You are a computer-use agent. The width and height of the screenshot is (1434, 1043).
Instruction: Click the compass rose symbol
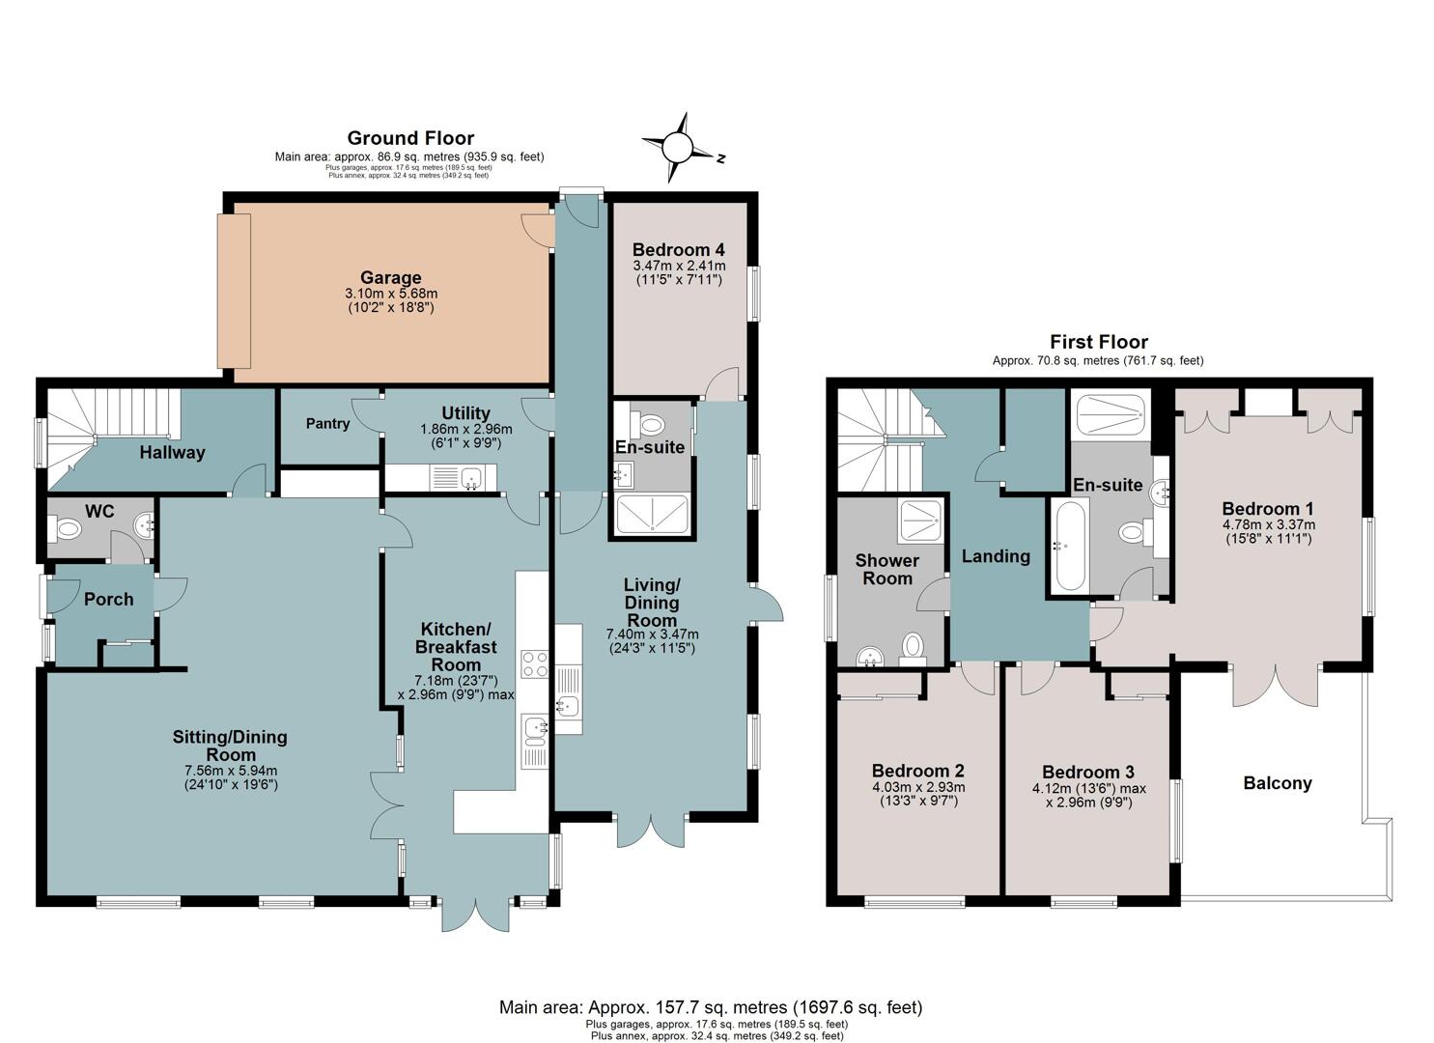(x=677, y=148)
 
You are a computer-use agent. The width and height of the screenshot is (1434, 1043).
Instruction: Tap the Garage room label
(x=390, y=277)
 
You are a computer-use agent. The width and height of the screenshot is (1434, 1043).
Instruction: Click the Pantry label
(x=327, y=423)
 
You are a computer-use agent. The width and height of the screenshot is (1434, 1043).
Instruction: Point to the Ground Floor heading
(x=410, y=138)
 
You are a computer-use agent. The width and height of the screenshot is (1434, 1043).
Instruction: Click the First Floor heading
(x=1099, y=341)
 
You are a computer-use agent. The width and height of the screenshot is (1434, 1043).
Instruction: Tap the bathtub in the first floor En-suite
(x=1070, y=547)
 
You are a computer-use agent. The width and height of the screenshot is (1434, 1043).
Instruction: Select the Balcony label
(x=1278, y=783)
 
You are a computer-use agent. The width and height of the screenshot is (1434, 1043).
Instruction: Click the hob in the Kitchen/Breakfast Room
(x=535, y=663)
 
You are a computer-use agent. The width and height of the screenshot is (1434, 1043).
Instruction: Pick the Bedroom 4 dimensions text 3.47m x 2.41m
(x=679, y=265)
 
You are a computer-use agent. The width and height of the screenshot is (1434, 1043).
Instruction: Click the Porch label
(x=109, y=600)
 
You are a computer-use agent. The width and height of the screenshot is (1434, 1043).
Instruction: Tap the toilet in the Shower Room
(x=913, y=647)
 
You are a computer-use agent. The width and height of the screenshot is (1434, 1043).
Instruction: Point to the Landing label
(x=996, y=556)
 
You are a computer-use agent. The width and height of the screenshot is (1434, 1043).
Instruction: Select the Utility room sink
(x=472, y=478)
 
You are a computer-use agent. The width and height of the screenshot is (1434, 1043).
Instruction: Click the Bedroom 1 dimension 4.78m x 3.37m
(x=1269, y=524)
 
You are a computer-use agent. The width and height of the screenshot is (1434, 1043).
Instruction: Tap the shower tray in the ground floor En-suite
(x=653, y=514)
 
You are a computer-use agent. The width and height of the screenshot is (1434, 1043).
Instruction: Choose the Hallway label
(x=172, y=453)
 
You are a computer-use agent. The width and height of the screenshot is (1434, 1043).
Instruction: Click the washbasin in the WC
(x=143, y=525)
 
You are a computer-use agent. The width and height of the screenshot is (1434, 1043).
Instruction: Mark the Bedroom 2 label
(x=918, y=771)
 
